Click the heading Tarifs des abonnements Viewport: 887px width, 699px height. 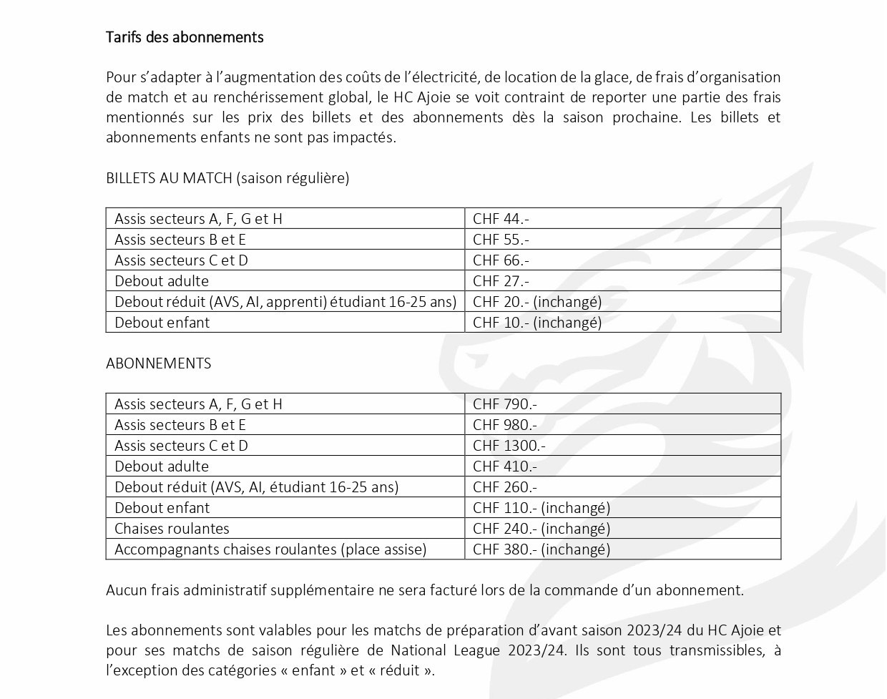click(185, 37)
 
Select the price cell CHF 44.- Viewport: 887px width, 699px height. click(501, 219)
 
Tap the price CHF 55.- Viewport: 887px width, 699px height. click(501, 240)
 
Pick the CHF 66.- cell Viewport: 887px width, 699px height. click(501, 260)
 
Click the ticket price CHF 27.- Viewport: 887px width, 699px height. click(501, 281)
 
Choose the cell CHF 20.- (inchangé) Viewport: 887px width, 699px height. click(537, 302)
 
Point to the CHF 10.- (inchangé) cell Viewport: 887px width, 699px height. click(537, 323)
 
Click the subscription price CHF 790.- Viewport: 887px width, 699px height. click(505, 404)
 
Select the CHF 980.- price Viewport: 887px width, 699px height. click(505, 425)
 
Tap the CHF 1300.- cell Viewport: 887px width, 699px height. click(509, 446)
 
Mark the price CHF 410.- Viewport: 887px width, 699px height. click(505, 466)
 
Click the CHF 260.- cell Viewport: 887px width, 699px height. click(505, 487)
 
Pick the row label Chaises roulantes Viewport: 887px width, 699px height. click(172, 529)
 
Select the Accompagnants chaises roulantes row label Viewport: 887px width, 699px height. click(270, 549)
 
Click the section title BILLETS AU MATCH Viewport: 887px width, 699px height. click(170, 178)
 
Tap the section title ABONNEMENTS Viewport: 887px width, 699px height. click(158, 363)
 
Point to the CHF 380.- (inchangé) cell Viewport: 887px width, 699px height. click(541, 549)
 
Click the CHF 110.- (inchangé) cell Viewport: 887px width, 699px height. click(541, 508)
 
